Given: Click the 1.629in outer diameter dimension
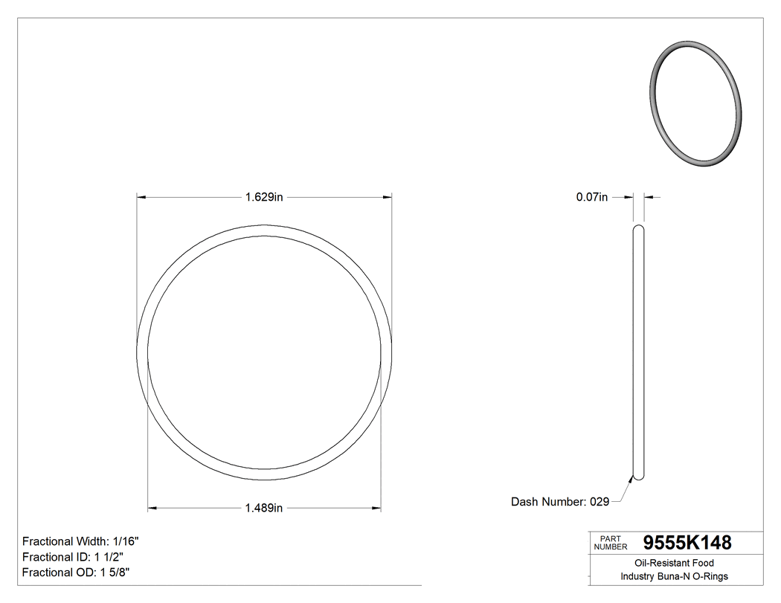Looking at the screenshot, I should coord(264,197).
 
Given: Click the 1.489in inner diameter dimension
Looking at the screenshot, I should coord(264,509).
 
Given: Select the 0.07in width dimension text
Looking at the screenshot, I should coord(592,197).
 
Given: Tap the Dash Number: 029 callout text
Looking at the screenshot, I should coord(559,502).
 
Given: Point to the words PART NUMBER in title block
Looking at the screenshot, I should coord(611,543).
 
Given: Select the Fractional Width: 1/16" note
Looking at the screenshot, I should coord(80,541).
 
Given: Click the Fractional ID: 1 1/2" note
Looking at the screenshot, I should coord(73,557).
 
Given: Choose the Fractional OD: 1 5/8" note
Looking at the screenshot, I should coord(77,573).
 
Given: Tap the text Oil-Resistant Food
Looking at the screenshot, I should coord(674,564).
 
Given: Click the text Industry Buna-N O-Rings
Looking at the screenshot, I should coord(674,577).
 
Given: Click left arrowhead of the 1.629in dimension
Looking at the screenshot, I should coord(140,197).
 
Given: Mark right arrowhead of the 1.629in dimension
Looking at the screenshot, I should coord(388,197).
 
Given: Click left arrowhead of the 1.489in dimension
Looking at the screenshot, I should coord(152,509).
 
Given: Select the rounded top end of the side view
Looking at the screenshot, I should coord(638,229).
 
